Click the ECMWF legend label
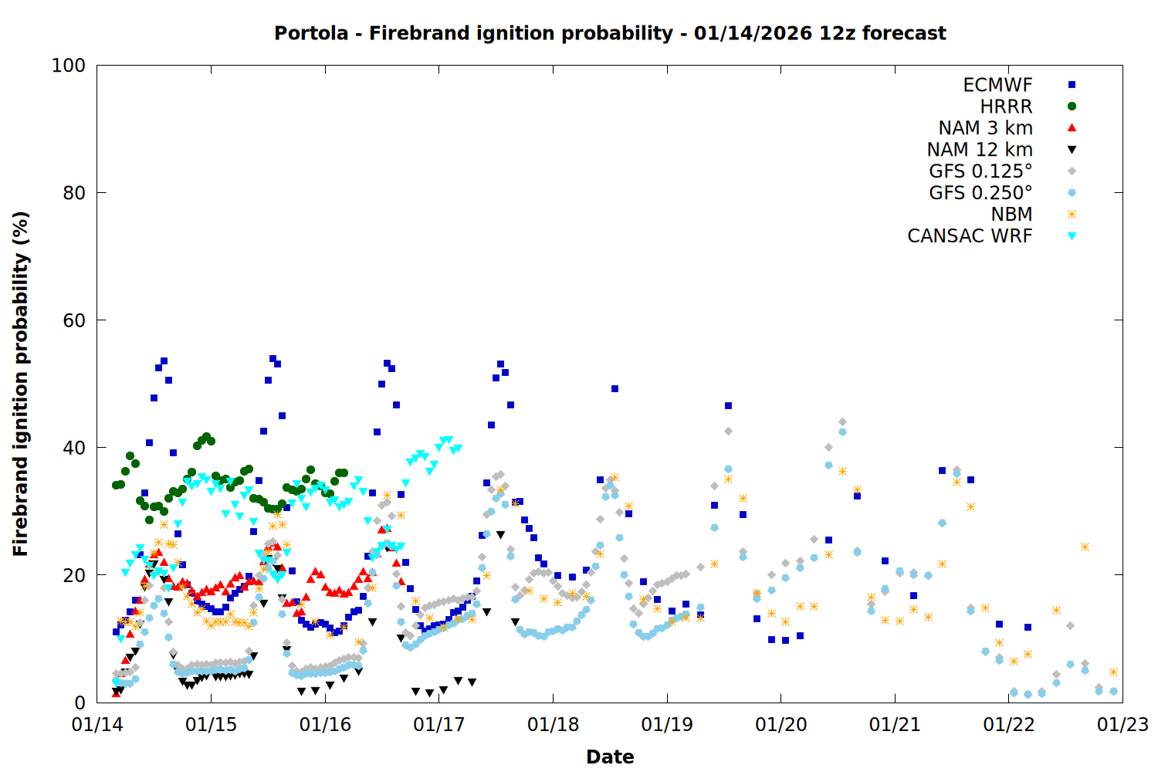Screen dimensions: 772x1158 (x=997, y=85)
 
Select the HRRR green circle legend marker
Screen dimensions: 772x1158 (x=1072, y=107)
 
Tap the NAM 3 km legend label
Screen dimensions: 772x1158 (x=985, y=128)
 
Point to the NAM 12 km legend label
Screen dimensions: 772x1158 (x=980, y=150)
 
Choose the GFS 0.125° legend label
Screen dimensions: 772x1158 (x=980, y=171)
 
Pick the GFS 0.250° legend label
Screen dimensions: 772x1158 (x=980, y=193)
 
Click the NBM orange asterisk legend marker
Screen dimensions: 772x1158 (x=1072, y=215)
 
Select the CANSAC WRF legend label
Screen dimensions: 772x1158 (x=970, y=236)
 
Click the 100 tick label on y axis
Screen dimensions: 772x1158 (x=69, y=66)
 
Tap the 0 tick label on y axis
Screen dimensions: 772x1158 (x=80, y=703)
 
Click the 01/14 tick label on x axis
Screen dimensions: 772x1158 (x=97, y=725)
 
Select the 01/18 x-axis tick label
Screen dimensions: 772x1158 (x=553, y=725)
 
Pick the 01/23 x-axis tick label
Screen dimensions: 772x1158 (x=1122, y=725)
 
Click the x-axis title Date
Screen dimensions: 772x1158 (x=610, y=757)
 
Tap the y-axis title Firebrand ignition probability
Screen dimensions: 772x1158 (x=20, y=384)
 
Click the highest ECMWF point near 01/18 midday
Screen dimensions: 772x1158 (x=615, y=389)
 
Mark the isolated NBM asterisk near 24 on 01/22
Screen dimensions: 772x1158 (x=1085, y=547)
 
